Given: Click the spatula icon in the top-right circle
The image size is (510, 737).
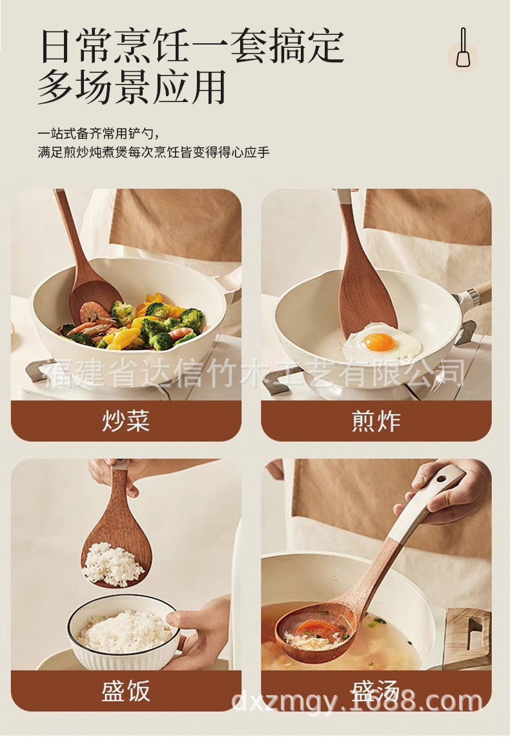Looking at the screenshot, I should pyautogui.click(x=463, y=48).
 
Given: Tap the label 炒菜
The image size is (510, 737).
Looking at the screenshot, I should pyautogui.click(x=126, y=421).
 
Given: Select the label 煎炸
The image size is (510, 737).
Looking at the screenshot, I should pyautogui.click(x=376, y=421).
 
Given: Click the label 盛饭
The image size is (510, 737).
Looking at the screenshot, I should pyautogui.click(x=126, y=690).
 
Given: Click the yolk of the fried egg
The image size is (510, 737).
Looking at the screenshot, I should pyautogui.click(x=379, y=341).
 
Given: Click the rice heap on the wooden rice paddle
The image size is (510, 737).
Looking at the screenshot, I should pyautogui.click(x=114, y=564).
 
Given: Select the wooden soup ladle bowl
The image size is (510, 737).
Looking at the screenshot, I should pyautogui.click(x=315, y=630).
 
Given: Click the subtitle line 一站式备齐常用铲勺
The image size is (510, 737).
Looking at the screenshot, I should pyautogui.click(x=97, y=134).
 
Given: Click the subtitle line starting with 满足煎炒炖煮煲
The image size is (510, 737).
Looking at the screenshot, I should pyautogui.click(x=153, y=153).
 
